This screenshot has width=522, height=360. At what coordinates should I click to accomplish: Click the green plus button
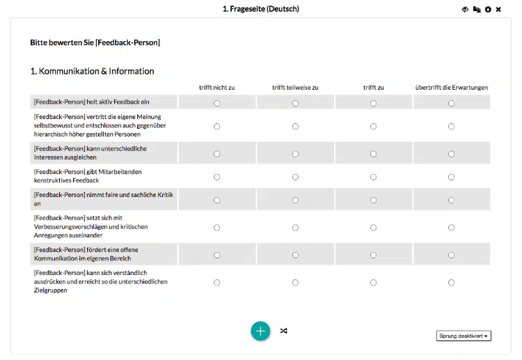pos(260,331)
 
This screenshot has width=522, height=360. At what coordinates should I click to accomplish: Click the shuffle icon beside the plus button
pos(283,331)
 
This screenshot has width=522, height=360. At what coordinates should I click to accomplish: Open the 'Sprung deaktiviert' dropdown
pos(464,336)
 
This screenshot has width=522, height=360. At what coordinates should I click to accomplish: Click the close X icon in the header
pos(498,9)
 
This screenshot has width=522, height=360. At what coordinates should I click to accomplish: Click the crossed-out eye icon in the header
pos(465,9)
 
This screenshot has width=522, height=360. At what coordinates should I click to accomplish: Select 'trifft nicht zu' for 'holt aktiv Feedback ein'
pos(217,103)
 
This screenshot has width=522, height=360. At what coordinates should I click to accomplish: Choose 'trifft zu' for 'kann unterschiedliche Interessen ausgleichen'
pos(374,154)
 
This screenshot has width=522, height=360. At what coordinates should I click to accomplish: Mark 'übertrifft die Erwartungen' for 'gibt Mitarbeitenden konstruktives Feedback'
pos(452,177)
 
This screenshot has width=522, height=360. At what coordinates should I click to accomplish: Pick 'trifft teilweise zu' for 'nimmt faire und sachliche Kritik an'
pos(296,200)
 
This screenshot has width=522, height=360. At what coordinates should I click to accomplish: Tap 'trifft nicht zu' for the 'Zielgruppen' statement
pos(217,282)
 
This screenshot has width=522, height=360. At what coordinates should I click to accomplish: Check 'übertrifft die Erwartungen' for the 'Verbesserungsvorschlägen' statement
pos(452,227)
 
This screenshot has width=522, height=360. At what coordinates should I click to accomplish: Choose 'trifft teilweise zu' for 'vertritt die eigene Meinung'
pos(296,126)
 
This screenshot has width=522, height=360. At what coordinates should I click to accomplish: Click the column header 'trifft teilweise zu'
pos(295,88)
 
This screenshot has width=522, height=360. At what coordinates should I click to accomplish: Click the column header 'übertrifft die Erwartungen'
pos(451,88)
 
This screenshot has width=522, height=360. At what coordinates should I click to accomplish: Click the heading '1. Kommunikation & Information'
pos(93,71)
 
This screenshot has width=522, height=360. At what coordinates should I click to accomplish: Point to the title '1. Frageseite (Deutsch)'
pos(260,9)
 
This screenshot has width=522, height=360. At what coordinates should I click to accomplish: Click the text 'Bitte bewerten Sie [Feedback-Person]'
pos(95,42)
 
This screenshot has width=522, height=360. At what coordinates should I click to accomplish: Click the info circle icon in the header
pos(488,9)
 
